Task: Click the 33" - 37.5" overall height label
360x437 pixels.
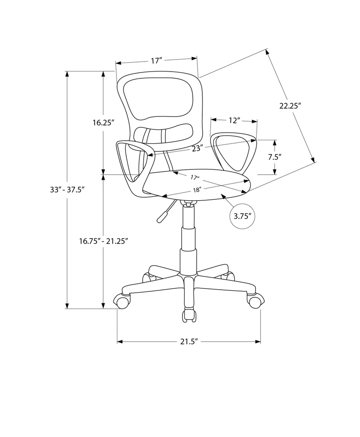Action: tap(67, 189)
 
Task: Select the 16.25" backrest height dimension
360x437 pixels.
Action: tap(103, 122)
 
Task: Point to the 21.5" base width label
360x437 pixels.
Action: tap(188, 342)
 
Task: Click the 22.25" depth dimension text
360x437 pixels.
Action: tap(290, 106)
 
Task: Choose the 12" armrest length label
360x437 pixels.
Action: tap(235, 120)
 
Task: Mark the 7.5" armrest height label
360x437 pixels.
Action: tap(275, 157)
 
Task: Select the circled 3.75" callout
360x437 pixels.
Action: tap(242, 216)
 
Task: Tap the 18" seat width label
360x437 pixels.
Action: tap(197, 190)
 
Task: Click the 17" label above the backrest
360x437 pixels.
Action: tap(156, 61)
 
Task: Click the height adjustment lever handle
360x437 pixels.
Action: tap(162, 216)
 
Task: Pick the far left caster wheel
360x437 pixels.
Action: tap(122, 302)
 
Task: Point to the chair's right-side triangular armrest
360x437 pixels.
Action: tap(233, 151)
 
